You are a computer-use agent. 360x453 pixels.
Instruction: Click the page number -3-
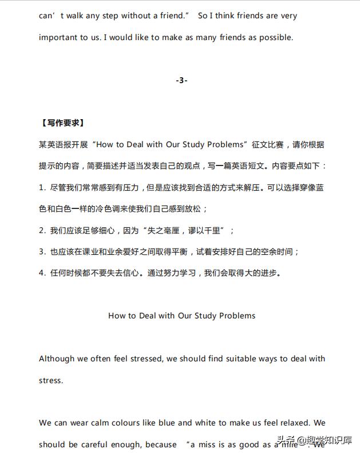click(x=181, y=80)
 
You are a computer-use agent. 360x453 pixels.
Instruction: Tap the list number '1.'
click(x=42, y=187)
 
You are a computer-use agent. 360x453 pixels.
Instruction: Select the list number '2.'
click(x=42, y=230)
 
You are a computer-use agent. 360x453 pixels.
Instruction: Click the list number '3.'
click(x=42, y=251)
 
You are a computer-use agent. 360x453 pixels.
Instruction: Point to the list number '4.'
click(x=42, y=273)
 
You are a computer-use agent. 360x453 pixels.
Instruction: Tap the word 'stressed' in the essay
click(x=145, y=359)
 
